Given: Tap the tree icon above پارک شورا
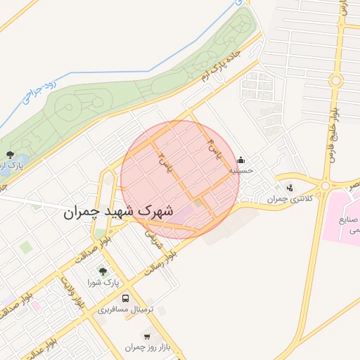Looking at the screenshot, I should tap(103, 271).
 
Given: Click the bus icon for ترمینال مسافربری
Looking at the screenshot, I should tap(125, 298).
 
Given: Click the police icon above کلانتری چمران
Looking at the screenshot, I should tap(290, 188).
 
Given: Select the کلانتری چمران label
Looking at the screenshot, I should tap(288, 199).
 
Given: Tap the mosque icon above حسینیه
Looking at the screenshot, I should tap(241, 160).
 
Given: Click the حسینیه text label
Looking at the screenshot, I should tap(241, 170).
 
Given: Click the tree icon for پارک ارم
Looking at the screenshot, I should tap(9, 155).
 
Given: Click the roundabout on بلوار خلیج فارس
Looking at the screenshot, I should tap(325, 186).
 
